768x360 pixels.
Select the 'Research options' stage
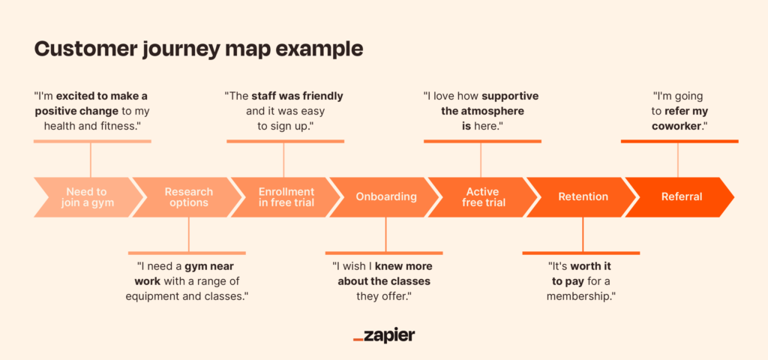pos(187,197)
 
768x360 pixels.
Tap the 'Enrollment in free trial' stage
pos(286,197)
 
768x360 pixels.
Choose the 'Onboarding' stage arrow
pos(385,197)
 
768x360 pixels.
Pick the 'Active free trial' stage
pos(483,197)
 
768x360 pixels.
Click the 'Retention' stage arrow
pos(583,197)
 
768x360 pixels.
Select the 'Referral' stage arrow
pos(681,197)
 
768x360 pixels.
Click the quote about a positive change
pos(91,111)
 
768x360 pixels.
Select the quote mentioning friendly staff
pos(284,111)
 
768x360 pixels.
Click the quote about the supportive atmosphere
pos(481,111)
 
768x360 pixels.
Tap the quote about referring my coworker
pos(678,111)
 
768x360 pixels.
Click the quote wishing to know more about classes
pos(385,281)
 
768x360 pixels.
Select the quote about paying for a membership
pos(582,281)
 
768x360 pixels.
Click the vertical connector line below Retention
pos(583,235)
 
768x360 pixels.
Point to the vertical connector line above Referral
pos(678,159)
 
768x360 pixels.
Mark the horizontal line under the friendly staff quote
pos(284,141)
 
